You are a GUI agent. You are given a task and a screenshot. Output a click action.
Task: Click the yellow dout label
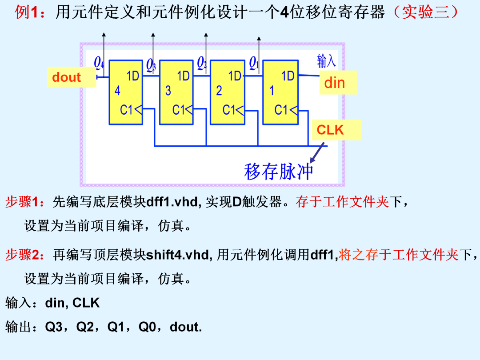(72, 77)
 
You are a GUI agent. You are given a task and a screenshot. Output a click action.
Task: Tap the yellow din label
(338, 83)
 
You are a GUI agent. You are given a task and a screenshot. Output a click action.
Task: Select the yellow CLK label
(336, 130)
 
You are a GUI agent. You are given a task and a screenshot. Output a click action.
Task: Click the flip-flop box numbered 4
(126, 92)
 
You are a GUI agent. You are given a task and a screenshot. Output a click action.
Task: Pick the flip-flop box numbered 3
(176, 92)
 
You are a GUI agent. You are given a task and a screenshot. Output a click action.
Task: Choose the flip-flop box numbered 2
(228, 92)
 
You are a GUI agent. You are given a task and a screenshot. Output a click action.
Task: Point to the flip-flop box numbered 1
(280, 92)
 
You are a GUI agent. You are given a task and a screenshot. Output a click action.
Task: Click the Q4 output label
(99, 63)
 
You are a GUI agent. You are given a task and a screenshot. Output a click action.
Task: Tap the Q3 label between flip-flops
(151, 65)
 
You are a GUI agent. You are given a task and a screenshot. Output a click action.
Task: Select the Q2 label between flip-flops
(202, 63)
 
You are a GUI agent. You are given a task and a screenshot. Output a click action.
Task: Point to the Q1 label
(254, 63)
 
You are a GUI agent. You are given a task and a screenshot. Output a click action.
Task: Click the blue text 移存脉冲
(278, 172)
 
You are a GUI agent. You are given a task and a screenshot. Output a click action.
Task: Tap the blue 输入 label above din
(326, 60)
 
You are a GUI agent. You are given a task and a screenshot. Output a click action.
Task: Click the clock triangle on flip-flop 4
(138, 109)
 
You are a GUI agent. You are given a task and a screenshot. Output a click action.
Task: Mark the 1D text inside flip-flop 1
(288, 76)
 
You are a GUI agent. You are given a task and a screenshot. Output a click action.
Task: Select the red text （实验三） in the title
(426, 12)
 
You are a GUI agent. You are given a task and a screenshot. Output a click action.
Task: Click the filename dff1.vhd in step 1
(173, 202)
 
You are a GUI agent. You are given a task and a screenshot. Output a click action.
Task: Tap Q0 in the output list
(147, 327)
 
